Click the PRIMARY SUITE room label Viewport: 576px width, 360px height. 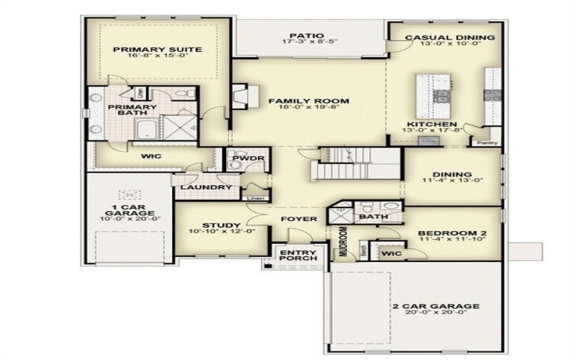(x=156, y=50)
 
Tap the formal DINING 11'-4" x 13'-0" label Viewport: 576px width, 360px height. (x=452, y=174)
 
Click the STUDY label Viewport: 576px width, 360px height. (x=215, y=225)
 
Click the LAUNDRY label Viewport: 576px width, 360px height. (x=206, y=188)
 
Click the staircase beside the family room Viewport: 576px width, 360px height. (x=356, y=164)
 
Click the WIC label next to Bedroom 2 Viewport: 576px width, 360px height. (x=392, y=254)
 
